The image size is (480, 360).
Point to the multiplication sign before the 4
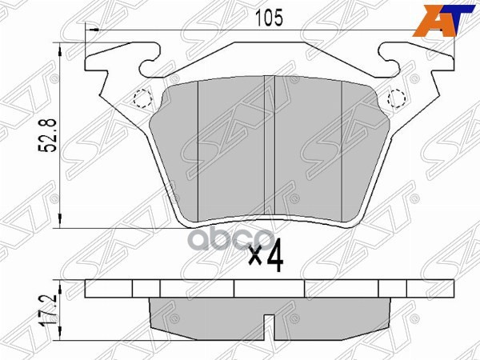click(x=254, y=260)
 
